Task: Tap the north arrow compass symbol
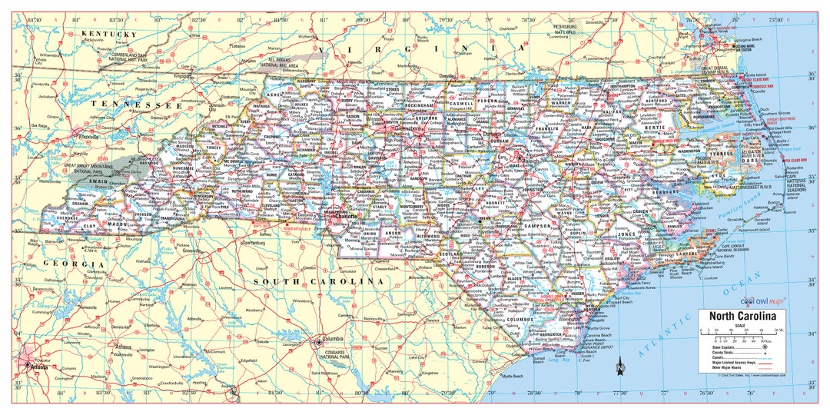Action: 619,369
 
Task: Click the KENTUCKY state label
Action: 109,35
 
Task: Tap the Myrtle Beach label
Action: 512,377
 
